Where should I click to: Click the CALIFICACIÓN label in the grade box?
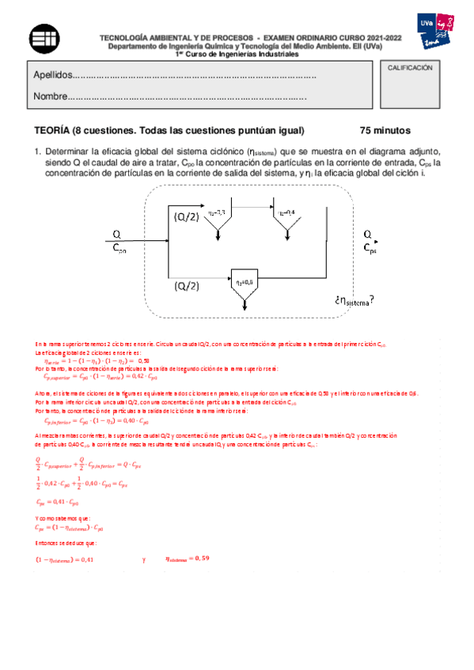(x=409, y=69)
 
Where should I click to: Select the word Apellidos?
(x=52, y=75)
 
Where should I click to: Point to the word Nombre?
(x=50, y=98)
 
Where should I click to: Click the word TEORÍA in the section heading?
(x=51, y=130)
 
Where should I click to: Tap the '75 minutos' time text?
(x=385, y=130)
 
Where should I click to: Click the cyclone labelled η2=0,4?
(x=286, y=220)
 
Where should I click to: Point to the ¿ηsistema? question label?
(x=354, y=300)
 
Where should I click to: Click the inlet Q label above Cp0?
(x=116, y=234)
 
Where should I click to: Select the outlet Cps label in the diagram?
(x=370, y=247)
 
